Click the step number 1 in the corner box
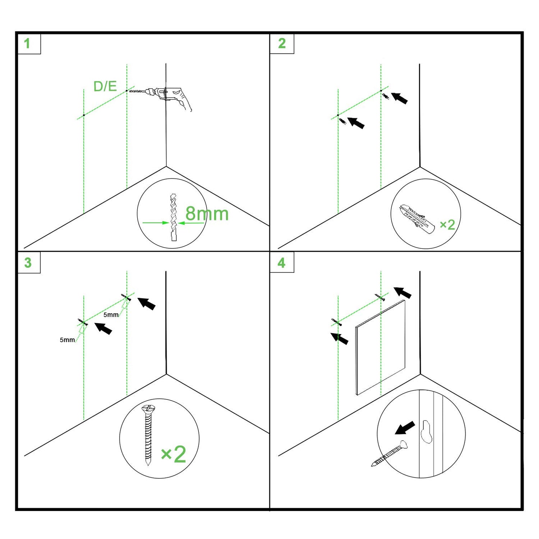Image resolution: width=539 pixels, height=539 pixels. pyautogui.click(x=27, y=44)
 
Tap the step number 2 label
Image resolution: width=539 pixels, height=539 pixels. pyautogui.click(x=282, y=43)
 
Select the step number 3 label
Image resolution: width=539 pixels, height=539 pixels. pyautogui.click(x=28, y=263)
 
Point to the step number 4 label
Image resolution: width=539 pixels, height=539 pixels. pyautogui.click(x=281, y=263)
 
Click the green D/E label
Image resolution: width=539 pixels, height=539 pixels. pyautogui.click(x=105, y=86)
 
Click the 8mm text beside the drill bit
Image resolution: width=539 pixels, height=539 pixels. pyautogui.click(x=207, y=214)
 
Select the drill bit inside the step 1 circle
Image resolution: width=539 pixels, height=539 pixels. pyautogui.click(x=173, y=217)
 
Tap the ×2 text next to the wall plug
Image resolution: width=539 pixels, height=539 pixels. pyautogui.click(x=447, y=225)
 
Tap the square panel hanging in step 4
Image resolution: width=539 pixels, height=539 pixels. pyautogui.click(x=380, y=347)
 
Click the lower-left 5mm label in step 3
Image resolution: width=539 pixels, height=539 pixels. pyautogui.click(x=67, y=340)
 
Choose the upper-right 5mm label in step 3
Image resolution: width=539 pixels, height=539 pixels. pyautogui.click(x=111, y=315)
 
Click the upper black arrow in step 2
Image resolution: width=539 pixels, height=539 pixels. pyautogui.click(x=399, y=98)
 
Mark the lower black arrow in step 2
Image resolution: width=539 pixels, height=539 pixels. pyautogui.click(x=356, y=123)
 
